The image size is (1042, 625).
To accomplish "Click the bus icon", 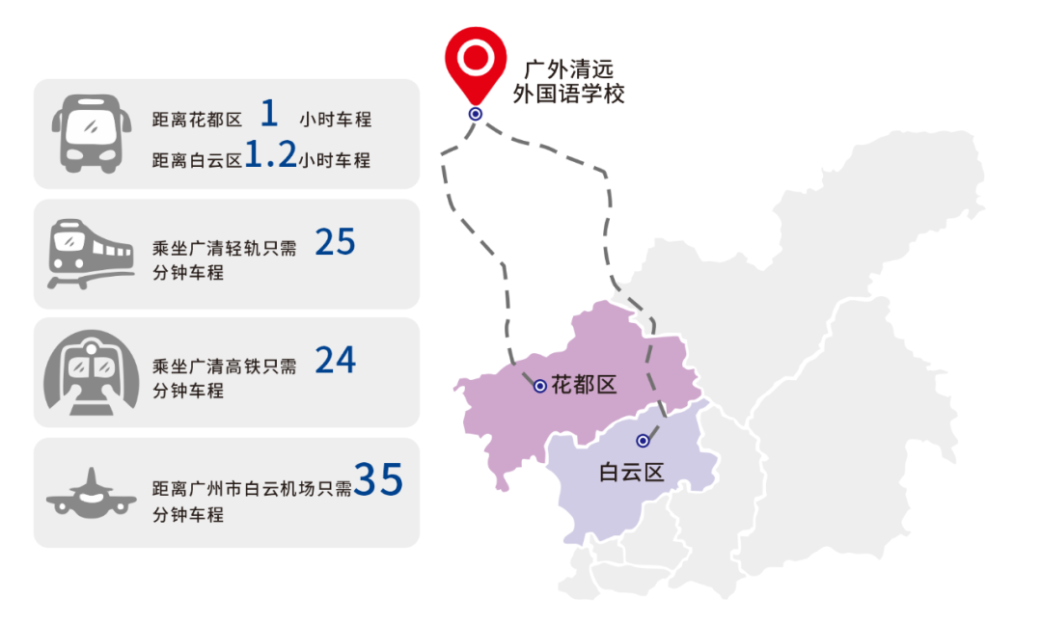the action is [92, 133].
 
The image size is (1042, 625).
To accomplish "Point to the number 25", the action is [336, 243].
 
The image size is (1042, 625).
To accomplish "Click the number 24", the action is [336, 362].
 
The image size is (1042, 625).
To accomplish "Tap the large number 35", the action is [378, 480].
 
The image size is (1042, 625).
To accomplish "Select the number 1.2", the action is [270, 157].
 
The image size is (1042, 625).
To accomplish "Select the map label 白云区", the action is [632, 473].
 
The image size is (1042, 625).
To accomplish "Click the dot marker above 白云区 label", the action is [643, 441].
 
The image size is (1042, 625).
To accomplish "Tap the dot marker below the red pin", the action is [475, 114].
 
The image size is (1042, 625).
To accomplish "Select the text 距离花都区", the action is [197, 121].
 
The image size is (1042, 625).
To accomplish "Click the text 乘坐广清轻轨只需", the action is [225, 248].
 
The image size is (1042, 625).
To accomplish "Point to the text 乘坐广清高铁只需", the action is [225, 367].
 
